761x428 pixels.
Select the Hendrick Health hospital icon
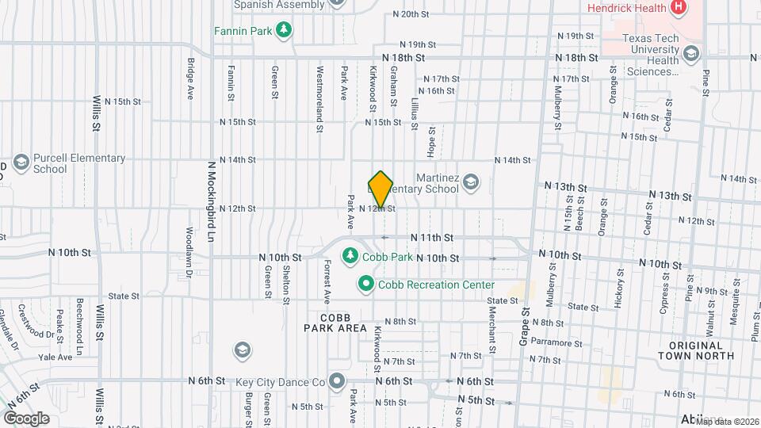678,8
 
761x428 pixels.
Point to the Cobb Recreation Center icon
366,284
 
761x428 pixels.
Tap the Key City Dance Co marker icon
337,381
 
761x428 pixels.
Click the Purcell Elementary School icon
21,162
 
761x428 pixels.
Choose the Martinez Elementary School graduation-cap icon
471,183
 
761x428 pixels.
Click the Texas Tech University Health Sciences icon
691,54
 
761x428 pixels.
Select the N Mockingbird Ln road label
212,203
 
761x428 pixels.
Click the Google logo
26,418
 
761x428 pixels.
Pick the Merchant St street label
491,331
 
